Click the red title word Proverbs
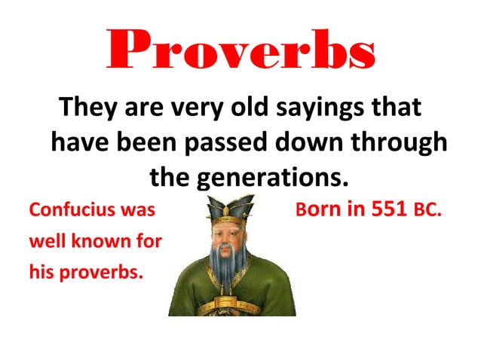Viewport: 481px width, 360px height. [x=239, y=50]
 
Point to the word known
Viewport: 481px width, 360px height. [x=103, y=242]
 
